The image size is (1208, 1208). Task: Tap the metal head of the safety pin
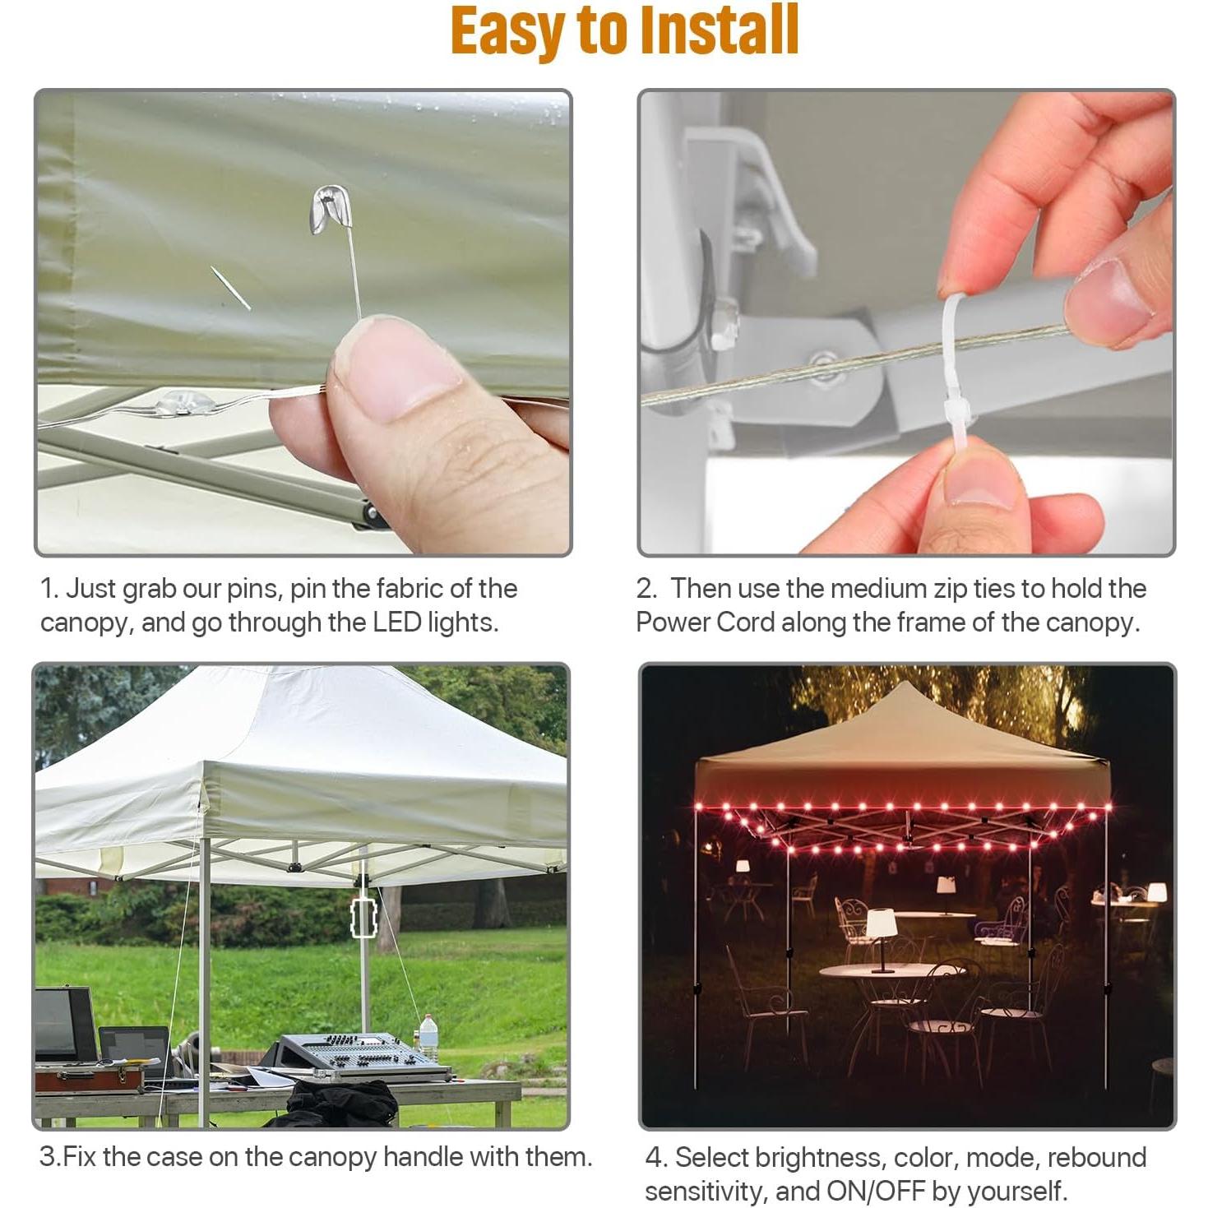[331, 211]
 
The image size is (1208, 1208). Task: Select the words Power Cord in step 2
[705, 623]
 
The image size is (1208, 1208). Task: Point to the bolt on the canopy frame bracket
[823, 359]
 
